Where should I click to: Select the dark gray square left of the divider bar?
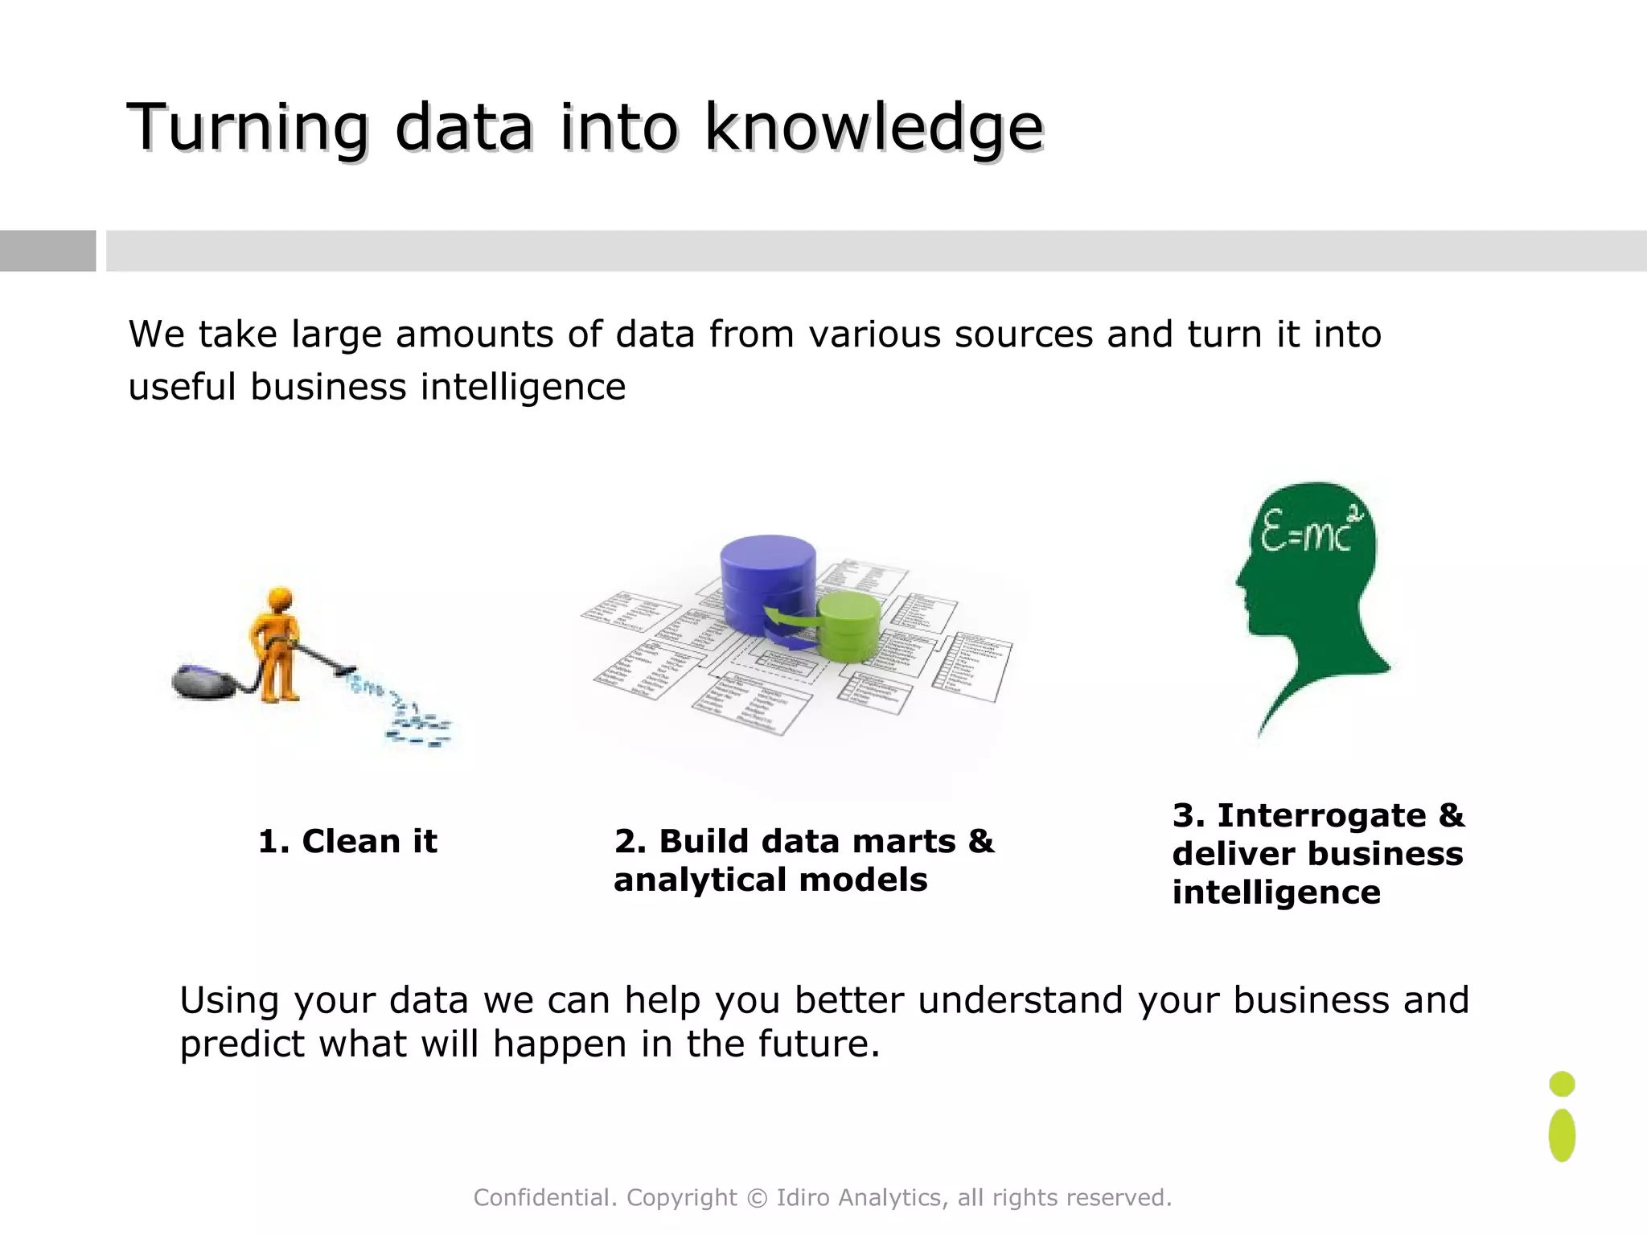click(47, 251)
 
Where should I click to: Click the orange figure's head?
click(279, 600)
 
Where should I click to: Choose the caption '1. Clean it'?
click(347, 842)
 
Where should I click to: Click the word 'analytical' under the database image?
click(700, 880)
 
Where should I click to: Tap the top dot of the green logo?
click(1562, 1084)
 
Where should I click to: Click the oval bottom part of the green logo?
click(1562, 1135)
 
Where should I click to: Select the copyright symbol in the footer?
click(757, 1198)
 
